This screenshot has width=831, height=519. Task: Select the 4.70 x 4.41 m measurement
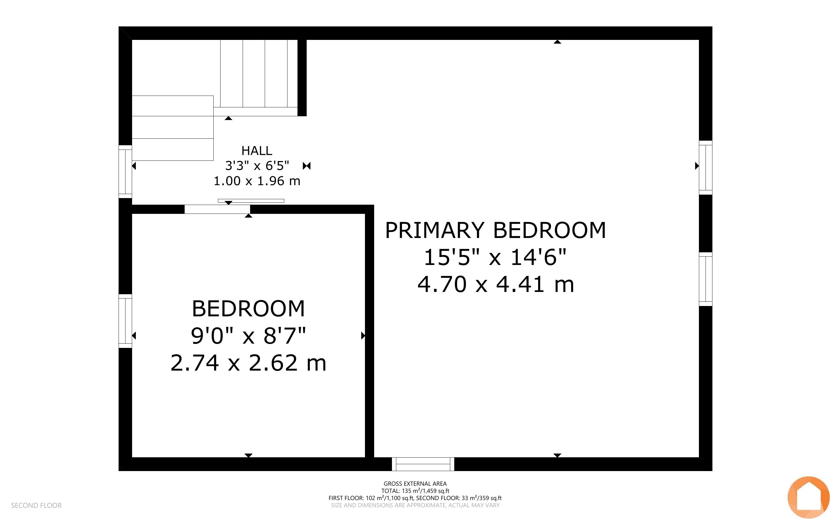(496, 284)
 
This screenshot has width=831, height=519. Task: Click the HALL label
(257, 151)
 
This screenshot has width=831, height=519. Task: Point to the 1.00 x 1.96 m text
(257, 181)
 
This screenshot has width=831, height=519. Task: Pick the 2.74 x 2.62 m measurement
(248, 363)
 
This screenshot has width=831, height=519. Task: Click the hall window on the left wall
(125, 172)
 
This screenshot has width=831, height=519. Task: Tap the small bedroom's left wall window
(125, 321)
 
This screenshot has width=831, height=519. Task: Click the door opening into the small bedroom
(217, 209)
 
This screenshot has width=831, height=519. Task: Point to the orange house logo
(808, 497)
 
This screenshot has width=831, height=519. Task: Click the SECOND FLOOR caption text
(36, 505)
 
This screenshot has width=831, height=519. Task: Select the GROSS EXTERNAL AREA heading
(415, 484)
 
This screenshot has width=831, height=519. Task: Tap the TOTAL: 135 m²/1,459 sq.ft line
(415, 491)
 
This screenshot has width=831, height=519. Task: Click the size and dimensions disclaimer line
(415, 505)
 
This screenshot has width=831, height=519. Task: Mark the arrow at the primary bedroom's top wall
(557, 42)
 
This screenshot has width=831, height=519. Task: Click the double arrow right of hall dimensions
(306, 166)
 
